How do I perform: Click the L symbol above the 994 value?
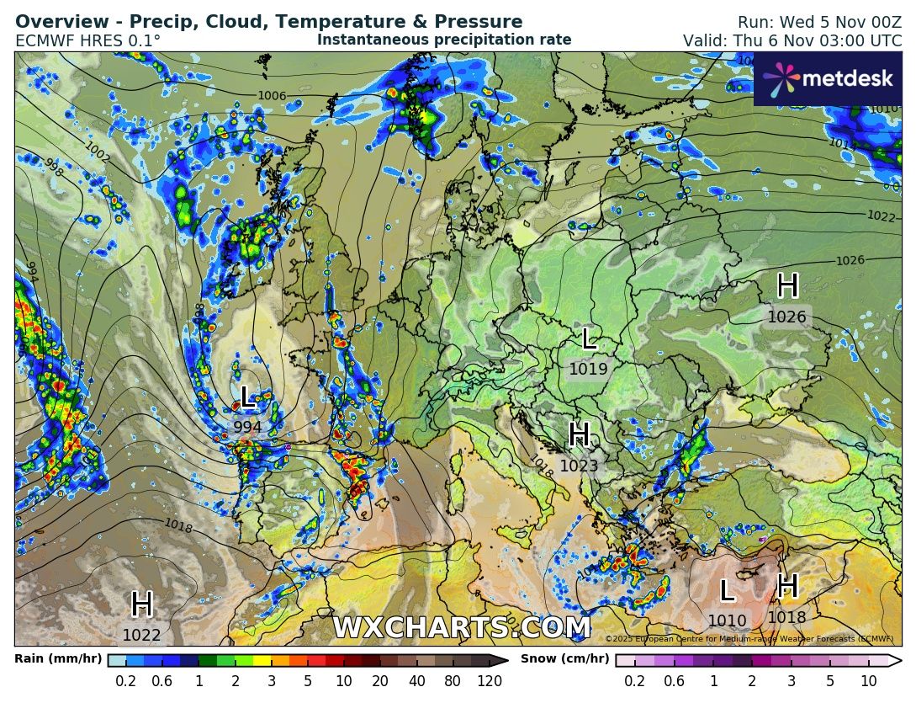(x=246, y=397)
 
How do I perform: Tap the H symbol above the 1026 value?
(x=787, y=286)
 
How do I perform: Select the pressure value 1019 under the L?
(x=588, y=369)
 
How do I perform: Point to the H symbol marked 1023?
(x=579, y=435)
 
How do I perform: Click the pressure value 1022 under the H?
(x=141, y=636)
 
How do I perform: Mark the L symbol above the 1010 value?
(x=727, y=591)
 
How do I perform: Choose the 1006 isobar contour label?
(x=272, y=96)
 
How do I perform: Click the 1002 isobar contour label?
(x=98, y=152)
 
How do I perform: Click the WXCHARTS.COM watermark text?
(x=461, y=628)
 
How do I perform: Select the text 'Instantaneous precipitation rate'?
(x=444, y=40)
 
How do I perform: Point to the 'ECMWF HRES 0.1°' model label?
(x=88, y=40)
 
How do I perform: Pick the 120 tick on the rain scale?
(x=490, y=681)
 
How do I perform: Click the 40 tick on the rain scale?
(x=416, y=681)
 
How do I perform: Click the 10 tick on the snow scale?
(x=869, y=681)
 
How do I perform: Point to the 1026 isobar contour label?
(x=850, y=261)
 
